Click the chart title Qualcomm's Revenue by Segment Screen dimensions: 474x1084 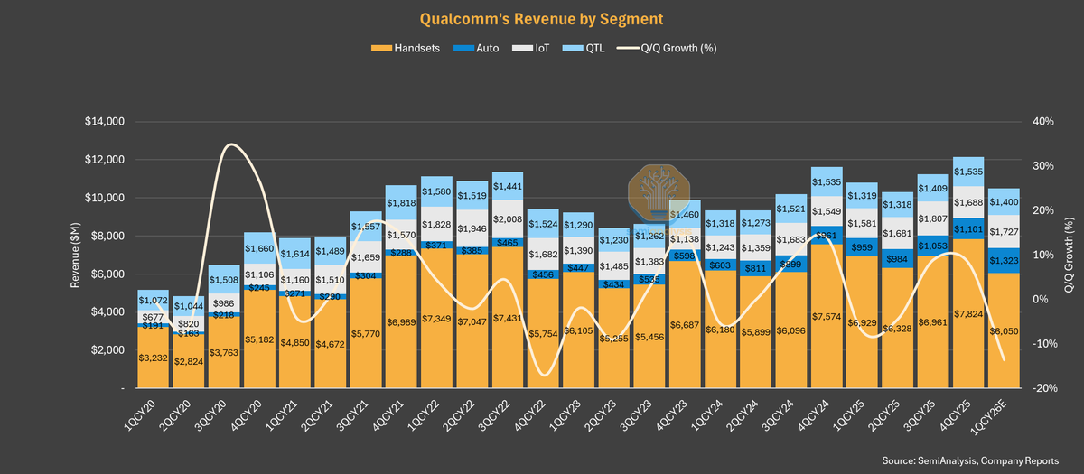(x=541, y=18)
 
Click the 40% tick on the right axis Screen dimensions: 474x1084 (x=1045, y=122)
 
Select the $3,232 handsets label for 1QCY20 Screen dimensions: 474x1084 (x=154, y=358)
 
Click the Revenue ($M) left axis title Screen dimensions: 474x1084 (x=77, y=255)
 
